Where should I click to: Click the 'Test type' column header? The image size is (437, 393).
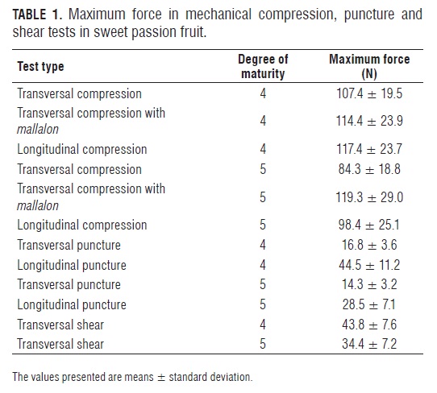point(40,66)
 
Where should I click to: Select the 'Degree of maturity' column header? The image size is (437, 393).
point(263,66)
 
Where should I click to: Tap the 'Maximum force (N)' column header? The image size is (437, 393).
point(369,66)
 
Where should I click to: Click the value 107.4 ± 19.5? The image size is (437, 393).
point(369,93)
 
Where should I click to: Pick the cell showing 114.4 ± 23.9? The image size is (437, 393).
point(369,121)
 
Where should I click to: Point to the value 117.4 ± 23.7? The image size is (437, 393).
point(369,149)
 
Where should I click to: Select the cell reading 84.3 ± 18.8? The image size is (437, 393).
point(369,169)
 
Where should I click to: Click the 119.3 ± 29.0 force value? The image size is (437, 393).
point(369,197)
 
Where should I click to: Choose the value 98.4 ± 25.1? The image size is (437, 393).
point(369,225)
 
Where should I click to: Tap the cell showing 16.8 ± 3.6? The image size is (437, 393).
point(369,245)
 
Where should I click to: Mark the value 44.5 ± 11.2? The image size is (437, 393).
point(369,265)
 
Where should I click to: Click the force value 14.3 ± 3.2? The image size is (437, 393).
point(369,284)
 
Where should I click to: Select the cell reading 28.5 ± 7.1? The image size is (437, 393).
point(369,304)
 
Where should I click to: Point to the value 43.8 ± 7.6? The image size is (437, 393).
point(369,325)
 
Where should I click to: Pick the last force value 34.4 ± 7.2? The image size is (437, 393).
point(369,344)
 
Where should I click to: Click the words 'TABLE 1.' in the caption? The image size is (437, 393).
point(36,14)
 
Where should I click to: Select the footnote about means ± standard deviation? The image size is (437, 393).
point(132,377)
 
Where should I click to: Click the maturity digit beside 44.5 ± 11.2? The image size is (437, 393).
point(263,265)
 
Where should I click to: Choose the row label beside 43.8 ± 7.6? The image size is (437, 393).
point(60,325)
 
